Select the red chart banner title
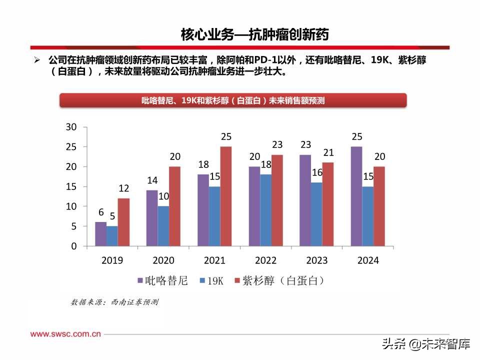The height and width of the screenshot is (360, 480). tap(233, 100)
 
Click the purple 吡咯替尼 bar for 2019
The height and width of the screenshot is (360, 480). tap(100, 234)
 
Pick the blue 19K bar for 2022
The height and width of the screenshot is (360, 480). tap(265, 210)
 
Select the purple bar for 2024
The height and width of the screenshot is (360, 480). tap(356, 196)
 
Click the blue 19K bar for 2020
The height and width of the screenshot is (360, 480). tap(163, 226)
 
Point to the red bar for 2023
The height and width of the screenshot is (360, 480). tap(328, 204)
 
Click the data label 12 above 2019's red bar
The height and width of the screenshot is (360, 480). tap(123, 188)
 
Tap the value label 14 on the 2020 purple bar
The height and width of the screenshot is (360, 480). tap(151, 180)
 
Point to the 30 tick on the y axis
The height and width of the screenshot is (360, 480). tap(71, 127)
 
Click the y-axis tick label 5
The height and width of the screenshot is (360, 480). tap(73, 226)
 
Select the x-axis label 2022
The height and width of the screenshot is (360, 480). tap(265, 260)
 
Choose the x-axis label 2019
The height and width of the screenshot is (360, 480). tap(112, 260)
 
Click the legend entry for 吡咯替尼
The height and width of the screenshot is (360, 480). tap(162, 281)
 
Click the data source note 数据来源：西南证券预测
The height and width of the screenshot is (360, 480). tap(114, 302)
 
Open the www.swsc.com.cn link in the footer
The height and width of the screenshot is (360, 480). tap(66, 334)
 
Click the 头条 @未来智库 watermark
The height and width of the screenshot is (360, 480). tap(426, 344)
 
